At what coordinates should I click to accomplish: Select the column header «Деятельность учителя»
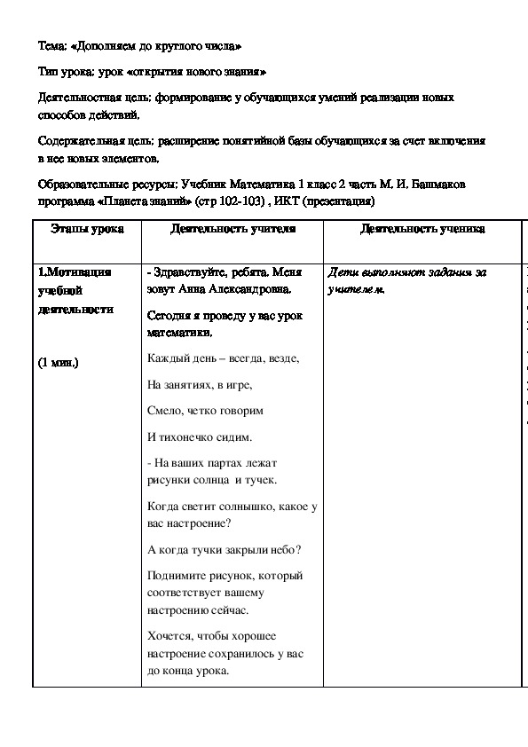[232, 228]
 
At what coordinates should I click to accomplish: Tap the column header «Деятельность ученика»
[422, 228]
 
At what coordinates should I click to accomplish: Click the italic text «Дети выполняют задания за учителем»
[407, 280]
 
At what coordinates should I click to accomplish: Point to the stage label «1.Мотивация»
[75, 272]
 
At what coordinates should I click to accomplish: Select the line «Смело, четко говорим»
[205, 411]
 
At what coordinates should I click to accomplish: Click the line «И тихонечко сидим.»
[200, 436]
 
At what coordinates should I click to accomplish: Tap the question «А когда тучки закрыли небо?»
[225, 549]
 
